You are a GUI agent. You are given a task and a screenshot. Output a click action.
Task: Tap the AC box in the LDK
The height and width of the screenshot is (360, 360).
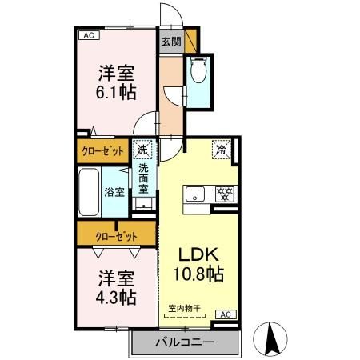225,314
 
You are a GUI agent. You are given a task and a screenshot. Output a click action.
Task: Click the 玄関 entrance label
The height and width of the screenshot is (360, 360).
170,42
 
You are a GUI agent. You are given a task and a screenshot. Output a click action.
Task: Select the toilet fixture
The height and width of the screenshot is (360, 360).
198,73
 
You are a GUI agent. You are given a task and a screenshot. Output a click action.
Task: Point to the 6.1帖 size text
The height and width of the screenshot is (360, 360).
117,91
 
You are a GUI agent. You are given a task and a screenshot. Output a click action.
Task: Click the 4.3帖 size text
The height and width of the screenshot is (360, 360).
117,297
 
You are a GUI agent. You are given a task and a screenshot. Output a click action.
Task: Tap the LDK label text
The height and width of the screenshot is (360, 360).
198,255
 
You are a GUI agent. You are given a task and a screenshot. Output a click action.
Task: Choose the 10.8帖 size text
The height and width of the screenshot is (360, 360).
198,274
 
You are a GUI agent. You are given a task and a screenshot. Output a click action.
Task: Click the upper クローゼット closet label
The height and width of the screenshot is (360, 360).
103,150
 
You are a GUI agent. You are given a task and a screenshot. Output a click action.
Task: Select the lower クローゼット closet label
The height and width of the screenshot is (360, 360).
116,236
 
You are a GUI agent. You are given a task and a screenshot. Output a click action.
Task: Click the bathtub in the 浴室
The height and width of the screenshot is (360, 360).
89,191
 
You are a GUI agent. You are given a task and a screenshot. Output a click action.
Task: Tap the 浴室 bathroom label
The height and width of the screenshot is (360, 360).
114,192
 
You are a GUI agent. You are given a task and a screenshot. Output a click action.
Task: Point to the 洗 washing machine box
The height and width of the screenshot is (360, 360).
142,149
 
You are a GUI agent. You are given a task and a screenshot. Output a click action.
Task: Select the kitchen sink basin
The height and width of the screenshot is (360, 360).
195,194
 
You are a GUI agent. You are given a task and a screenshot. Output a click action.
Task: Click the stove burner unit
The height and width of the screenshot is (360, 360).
225,194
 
